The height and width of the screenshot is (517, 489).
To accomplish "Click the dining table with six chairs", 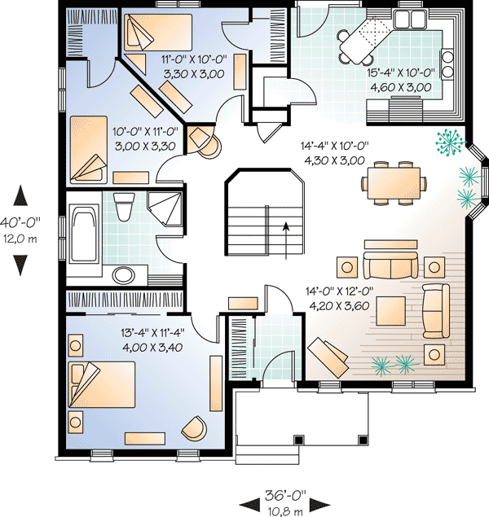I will click(x=394, y=180).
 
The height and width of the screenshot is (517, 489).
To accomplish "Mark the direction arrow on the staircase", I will click(x=285, y=230).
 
